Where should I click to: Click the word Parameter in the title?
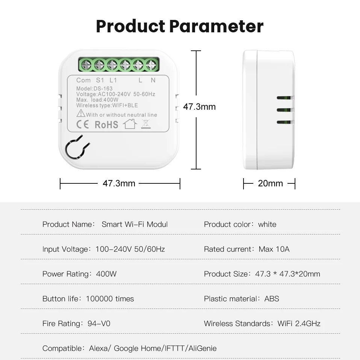coord(216,26)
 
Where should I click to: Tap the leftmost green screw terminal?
coord(86,65)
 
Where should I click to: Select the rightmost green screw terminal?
coord(151,65)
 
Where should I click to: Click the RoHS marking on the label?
coord(106,125)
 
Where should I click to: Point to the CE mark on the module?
coord(82,124)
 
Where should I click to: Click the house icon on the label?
coord(130,124)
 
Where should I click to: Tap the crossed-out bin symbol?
coord(145,124)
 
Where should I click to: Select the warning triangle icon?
coord(81,113)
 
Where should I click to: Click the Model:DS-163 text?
coord(94,89)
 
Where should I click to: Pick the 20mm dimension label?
coord(270,183)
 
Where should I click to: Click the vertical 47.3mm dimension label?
coord(199,107)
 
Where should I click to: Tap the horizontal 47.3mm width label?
coord(119,183)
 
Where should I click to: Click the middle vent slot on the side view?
coord(285,110)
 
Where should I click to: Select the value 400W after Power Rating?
coord(106,274)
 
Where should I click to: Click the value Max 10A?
coord(274,249)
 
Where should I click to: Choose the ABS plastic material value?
coord(272,299)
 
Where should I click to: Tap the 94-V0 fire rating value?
coord(99,324)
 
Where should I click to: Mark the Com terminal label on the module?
coord(83,80)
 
